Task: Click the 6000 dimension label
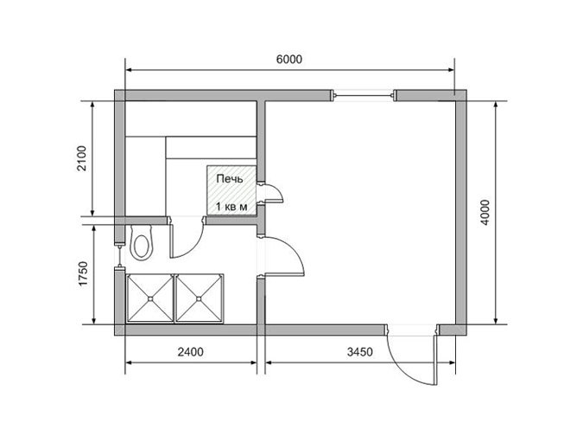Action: coord(289,59)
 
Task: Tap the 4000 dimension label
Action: coord(485,212)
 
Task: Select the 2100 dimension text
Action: coord(82,158)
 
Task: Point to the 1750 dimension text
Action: coord(83,273)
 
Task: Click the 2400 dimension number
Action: coord(191,352)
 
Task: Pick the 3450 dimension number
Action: coord(360,352)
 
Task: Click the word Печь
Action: coord(230,179)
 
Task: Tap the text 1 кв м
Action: coord(231,207)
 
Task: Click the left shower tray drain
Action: coord(150,298)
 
